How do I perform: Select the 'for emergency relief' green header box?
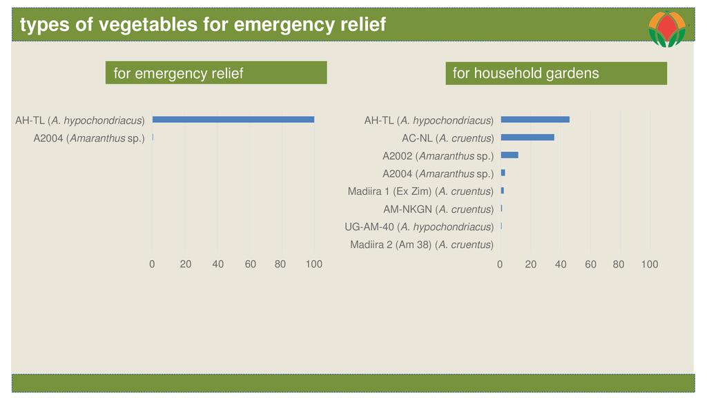pos(215,73)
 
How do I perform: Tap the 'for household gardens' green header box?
pos(556,73)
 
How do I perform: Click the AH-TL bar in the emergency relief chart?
pos(233,120)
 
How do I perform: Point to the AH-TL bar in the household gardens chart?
pos(535,120)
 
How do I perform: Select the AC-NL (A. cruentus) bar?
pos(527,138)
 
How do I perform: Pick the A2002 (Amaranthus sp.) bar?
pos(510,155)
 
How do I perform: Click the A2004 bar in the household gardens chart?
pos(503,173)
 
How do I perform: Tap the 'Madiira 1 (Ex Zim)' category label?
pos(420,191)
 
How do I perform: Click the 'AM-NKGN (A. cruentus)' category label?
pos(438,209)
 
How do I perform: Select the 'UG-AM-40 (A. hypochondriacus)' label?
pos(419,227)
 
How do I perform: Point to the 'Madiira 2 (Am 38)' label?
pos(421,245)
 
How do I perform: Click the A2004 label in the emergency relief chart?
pos(89,138)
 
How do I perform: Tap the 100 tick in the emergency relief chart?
pos(314,264)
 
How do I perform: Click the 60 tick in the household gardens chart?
pos(590,264)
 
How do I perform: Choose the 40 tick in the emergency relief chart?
pos(217,264)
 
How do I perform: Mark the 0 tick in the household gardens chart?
pos(500,264)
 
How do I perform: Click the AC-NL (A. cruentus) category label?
pos(447,138)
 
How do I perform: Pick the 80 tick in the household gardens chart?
pos(619,264)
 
